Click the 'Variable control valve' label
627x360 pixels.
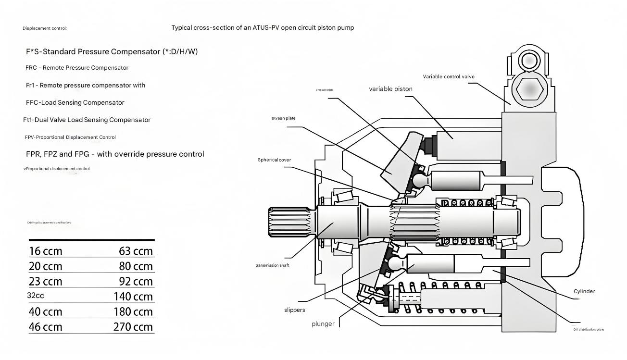tap(449, 76)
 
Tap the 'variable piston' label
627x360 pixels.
tap(390, 89)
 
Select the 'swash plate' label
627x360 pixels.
tap(284, 118)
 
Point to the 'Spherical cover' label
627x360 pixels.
tap(274, 160)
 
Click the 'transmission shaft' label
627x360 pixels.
tap(272, 265)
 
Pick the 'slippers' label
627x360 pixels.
tap(294, 310)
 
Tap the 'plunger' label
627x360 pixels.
tap(323, 324)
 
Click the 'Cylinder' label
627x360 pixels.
tap(584, 291)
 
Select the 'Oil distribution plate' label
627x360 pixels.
tap(589, 329)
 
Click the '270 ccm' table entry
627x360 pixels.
tap(133, 327)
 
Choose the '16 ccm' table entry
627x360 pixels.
tap(45, 251)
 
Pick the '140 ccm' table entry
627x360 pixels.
tap(133, 297)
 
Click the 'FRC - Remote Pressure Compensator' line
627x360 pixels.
tap(77, 68)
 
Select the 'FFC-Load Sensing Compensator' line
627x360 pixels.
tap(75, 102)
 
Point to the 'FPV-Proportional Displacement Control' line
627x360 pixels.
tap(70, 137)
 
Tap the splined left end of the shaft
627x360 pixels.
tap(288, 223)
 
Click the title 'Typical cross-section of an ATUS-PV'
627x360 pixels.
tap(263, 28)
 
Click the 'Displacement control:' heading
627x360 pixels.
tap(45, 28)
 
